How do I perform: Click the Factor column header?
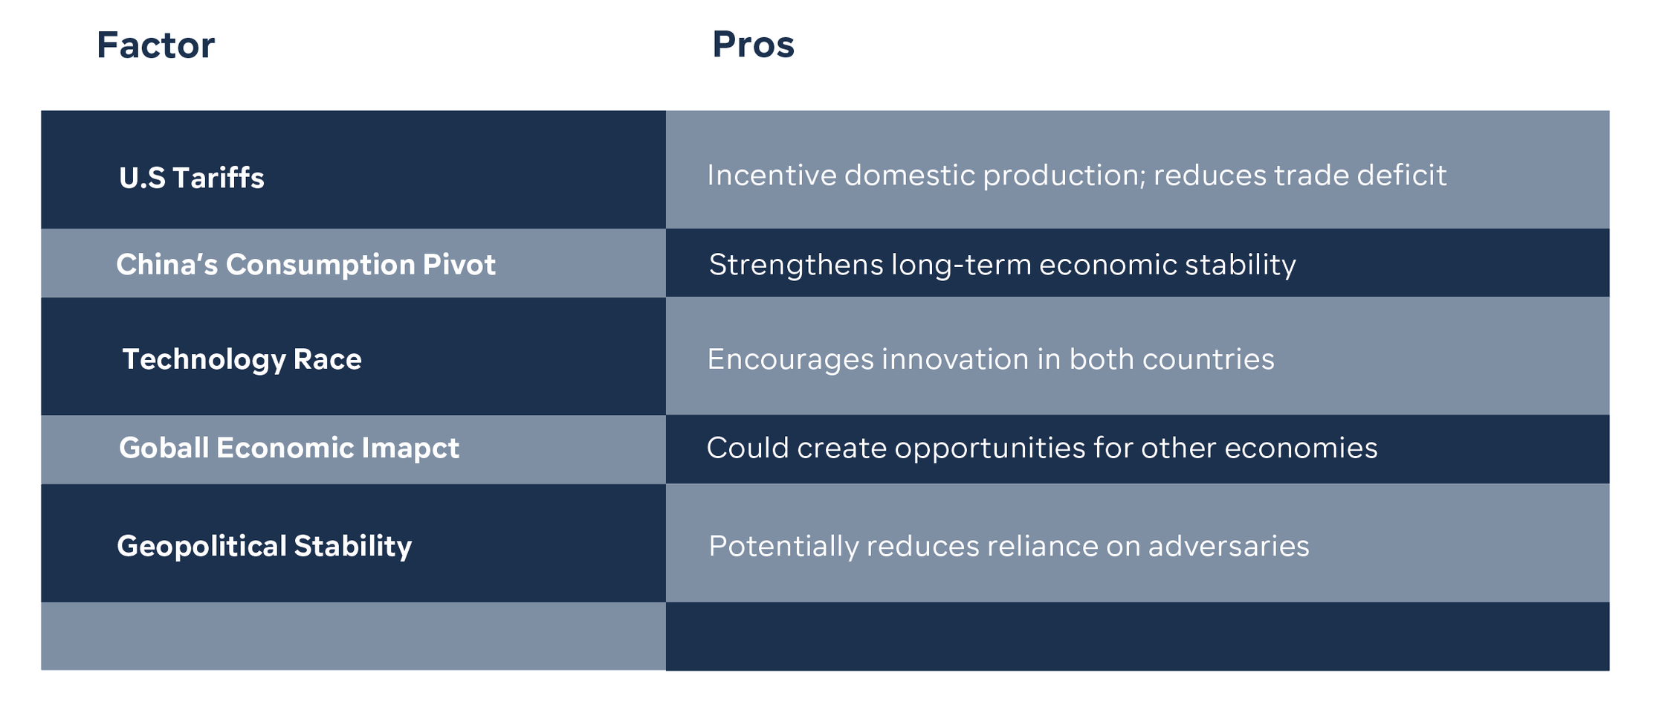point(155,45)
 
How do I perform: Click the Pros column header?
point(753,44)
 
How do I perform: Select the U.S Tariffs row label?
point(192,178)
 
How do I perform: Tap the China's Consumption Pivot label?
point(305,265)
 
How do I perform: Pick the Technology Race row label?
point(242,359)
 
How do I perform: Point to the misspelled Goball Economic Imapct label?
point(289,448)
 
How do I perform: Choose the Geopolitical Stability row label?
point(264,546)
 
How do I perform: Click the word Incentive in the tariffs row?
point(772,176)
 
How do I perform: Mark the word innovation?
point(954,359)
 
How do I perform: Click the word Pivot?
point(459,265)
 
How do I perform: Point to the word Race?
point(327,359)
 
